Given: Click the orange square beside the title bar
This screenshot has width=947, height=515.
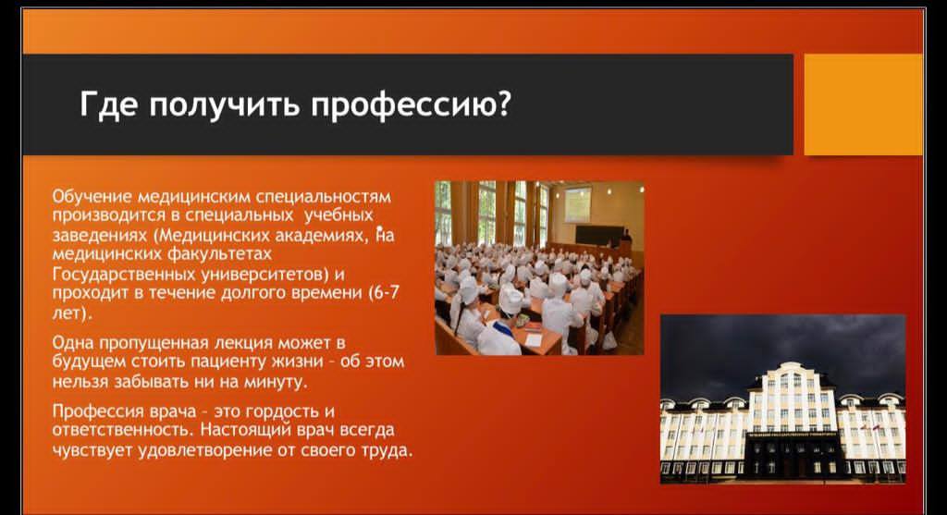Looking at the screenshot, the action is (x=864, y=104).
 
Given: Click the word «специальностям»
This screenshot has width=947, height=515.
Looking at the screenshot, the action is (x=323, y=198).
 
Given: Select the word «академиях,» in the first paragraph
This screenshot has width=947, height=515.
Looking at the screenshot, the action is (x=321, y=235).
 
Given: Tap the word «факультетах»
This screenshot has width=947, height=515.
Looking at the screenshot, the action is (x=218, y=253).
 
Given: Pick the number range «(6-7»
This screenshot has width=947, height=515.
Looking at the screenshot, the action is (x=383, y=293).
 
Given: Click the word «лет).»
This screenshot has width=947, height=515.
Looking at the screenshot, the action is (x=72, y=313).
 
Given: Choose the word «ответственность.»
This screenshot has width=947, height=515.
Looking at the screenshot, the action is (x=123, y=430).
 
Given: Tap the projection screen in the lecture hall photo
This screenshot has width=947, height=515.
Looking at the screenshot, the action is (x=577, y=204).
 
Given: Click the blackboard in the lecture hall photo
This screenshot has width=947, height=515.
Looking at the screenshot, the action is (x=599, y=235).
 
